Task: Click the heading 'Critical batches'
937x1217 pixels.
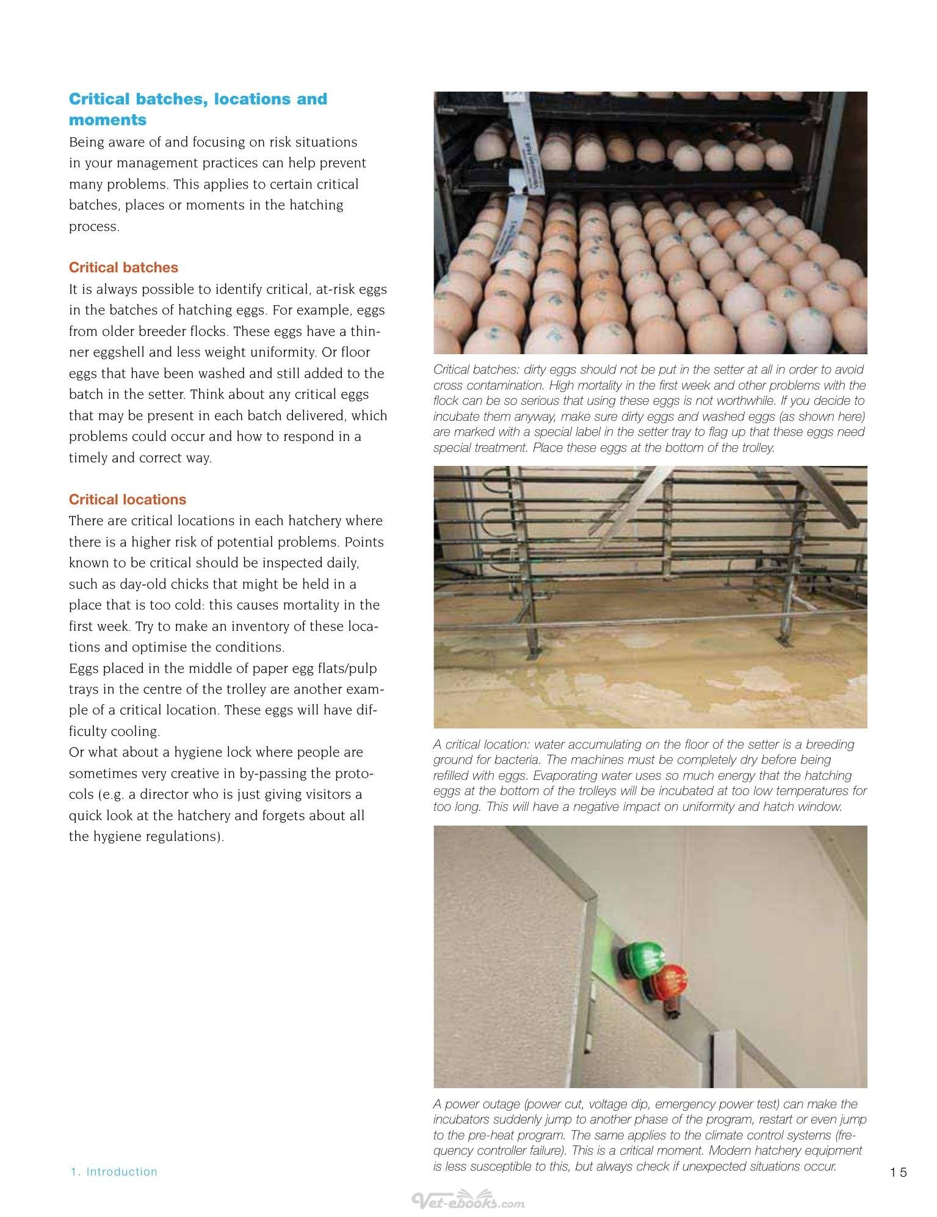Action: click(x=123, y=267)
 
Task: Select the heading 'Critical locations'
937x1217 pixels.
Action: click(x=128, y=500)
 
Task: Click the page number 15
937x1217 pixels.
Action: click(x=899, y=1172)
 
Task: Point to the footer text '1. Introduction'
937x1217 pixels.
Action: click(x=114, y=1172)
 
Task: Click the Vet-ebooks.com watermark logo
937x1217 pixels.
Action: click(x=468, y=1200)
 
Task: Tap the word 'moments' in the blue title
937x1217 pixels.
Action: click(x=108, y=120)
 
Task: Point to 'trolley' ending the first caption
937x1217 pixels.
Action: click(x=754, y=448)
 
